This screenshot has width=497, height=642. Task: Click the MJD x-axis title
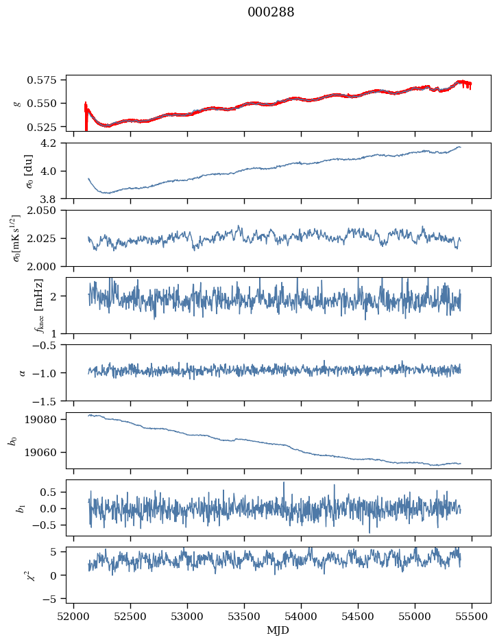(278, 630)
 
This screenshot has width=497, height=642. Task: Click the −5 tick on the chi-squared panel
(53, 599)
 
